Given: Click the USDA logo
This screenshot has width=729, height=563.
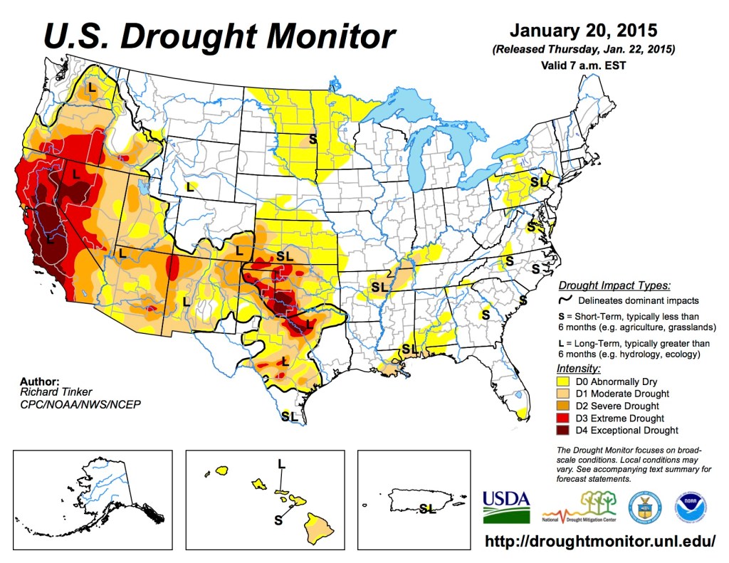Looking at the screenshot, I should (506, 506).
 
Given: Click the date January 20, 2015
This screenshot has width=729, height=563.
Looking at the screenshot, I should (582, 32).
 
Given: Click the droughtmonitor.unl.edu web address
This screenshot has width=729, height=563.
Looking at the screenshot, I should (599, 540).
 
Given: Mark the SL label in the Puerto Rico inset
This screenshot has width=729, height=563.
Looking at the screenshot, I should (428, 508).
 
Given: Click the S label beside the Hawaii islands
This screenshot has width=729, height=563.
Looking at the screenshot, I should (278, 519).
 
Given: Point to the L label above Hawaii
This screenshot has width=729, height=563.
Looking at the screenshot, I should (282, 464).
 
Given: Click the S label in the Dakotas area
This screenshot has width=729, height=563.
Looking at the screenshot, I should (312, 137).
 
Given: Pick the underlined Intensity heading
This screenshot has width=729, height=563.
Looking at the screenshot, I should (577, 369).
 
